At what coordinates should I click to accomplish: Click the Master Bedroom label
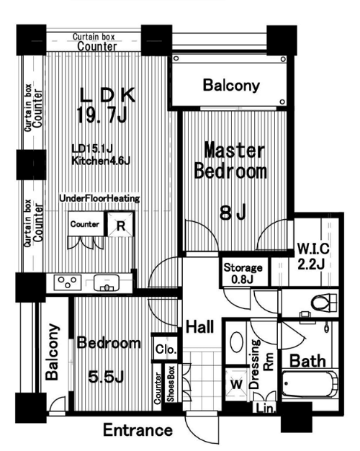point(230,161)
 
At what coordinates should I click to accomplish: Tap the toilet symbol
point(323,303)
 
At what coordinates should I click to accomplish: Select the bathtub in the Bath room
point(310,384)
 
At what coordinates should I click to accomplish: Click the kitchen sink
point(107,282)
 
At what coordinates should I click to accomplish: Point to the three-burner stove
point(68,282)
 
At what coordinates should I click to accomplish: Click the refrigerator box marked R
point(121,224)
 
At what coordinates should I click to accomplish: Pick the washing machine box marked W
point(236,384)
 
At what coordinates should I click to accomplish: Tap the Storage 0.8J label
point(243,273)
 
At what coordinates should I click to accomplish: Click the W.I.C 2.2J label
point(312,256)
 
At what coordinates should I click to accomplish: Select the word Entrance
point(138,430)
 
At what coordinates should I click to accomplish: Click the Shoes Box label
point(171,384)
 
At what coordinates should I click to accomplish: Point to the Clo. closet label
point(166,349)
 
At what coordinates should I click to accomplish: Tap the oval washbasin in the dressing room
point(237,341)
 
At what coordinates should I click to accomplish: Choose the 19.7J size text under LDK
point(102,115)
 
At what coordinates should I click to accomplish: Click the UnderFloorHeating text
point(99,198)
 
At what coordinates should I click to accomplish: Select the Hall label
point(200,327)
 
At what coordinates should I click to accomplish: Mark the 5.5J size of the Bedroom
point(106,376)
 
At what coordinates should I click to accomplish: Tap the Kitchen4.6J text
point(101,161)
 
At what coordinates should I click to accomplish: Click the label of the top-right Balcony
point(231,86)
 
